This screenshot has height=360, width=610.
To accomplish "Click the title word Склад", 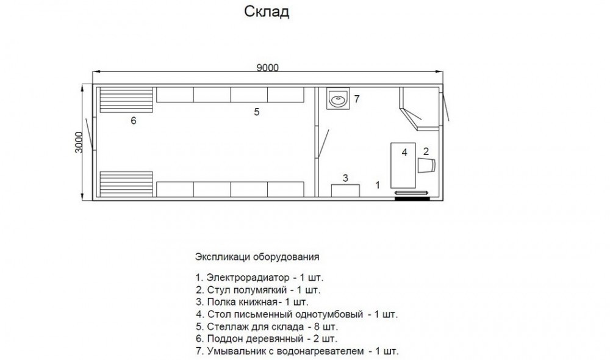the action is pyautogui.click(x=267, y=12).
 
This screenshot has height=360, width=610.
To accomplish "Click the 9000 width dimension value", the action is pyautogui.click(x=267, y=68).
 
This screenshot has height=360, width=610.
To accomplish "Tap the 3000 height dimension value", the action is pyautogui.click(x=79, y=142).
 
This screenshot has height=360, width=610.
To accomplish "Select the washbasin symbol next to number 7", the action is pyautogui.click(x=337, y=98).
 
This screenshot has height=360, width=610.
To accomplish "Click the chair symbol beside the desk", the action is pyautogui.click(x=426, y=165).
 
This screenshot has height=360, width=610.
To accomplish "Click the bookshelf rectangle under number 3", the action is pyautogui.click(x=345, y=191).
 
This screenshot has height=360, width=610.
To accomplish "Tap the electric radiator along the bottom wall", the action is pyautogui.click(x=412, y=193).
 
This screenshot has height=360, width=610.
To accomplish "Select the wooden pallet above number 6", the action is pyautogui.click(x=126, y=100).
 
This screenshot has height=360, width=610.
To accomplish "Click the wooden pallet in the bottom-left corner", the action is pyautogui.click(x=126, y=184).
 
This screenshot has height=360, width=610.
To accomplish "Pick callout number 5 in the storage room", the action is pyautogui.click(x=256, y=112).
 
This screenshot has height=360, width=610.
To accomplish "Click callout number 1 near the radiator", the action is pyautogui.click(x=377, y=185).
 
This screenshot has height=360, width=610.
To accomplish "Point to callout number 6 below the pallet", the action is pyautogui.click(x=134, y=121).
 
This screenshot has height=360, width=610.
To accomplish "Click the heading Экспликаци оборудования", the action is pyautogui.click(x=257, y=257).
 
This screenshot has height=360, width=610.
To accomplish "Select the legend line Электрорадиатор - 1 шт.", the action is pyautogui.click(x=259, y=278).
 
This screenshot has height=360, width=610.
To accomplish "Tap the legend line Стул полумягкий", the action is pyautogui.click(x=258, y=290).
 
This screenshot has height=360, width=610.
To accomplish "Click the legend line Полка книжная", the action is pyautogui.click(x=252, y=302).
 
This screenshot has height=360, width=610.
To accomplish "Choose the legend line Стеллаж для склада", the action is pyautogui.click(x=267, y=326).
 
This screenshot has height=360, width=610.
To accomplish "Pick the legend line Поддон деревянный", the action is pyautogui.click(x=267, y=339).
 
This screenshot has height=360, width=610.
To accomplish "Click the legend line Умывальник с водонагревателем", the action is pyautogui.click(x=297, y=351).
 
